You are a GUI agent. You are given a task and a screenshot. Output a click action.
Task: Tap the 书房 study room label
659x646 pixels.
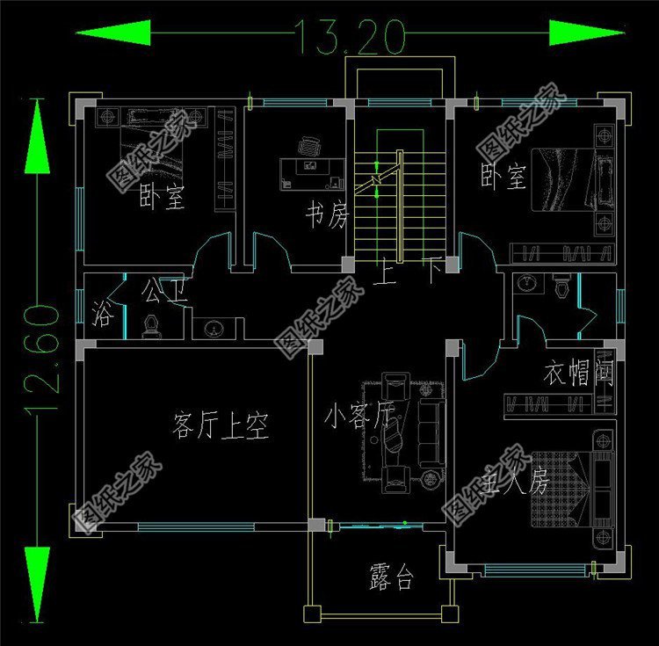[327, 214]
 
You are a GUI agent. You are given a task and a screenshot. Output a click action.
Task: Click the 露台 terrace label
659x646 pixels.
[391, 577]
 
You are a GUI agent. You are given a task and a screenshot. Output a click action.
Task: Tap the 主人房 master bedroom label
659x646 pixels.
[517, 482]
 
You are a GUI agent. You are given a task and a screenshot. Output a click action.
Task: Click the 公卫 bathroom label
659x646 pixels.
[164, 290]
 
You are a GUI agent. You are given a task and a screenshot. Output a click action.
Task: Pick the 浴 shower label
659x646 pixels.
[101, 314]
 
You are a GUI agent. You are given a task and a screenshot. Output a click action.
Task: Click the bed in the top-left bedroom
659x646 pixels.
[153, 141]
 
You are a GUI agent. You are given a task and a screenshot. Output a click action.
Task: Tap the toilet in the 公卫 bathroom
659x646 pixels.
[151, 328]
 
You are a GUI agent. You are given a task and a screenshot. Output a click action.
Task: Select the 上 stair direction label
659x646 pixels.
[384, 274]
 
